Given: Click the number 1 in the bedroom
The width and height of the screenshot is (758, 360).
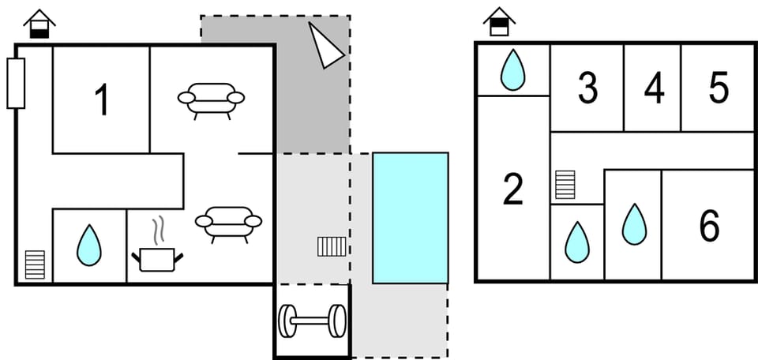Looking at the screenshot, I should [x=101, y=101].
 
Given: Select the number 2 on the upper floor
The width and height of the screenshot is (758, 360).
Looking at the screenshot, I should [x=513, y=189].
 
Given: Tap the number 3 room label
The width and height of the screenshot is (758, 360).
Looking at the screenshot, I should [x=587, y=89].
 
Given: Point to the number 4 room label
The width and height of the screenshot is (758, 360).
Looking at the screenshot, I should [x=654, y=89].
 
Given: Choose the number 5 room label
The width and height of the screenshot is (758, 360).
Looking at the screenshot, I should [x=719, y=89].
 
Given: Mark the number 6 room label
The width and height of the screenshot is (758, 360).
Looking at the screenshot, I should [x=709, y=227].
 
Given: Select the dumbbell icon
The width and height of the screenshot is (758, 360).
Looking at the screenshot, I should [x=312, y=321].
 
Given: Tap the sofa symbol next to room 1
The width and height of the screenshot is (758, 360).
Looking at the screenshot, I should [x=211, y=99].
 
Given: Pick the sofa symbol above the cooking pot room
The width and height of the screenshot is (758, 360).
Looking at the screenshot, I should [x=228, y=223].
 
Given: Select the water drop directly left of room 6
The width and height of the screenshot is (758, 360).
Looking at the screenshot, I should [x=633, y=224].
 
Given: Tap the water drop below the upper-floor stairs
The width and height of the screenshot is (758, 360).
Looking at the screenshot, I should [x=576, y=242].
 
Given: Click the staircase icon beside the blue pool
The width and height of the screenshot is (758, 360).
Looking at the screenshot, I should [x=332, y=247].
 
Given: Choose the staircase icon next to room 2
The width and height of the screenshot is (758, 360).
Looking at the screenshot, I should [x=565, y=186].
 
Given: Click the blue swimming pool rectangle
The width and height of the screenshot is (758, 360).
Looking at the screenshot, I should [x=410, y=218].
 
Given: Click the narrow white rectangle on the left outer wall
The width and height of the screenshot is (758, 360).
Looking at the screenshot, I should [x=16, y=83].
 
